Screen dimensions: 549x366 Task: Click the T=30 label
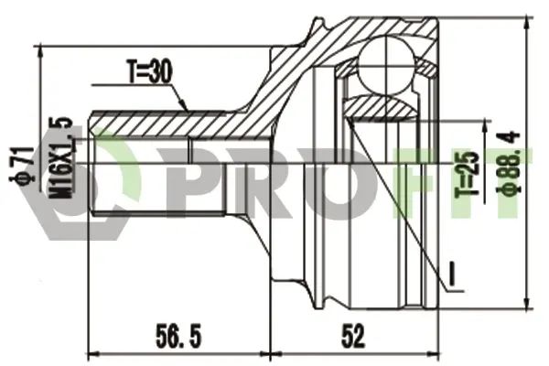[x=149, y=72]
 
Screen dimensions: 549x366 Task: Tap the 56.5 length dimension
[x=178, y=336]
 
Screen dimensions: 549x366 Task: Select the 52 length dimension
[x=354, y=336]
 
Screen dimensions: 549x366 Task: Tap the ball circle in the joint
[x=388, y=65]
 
